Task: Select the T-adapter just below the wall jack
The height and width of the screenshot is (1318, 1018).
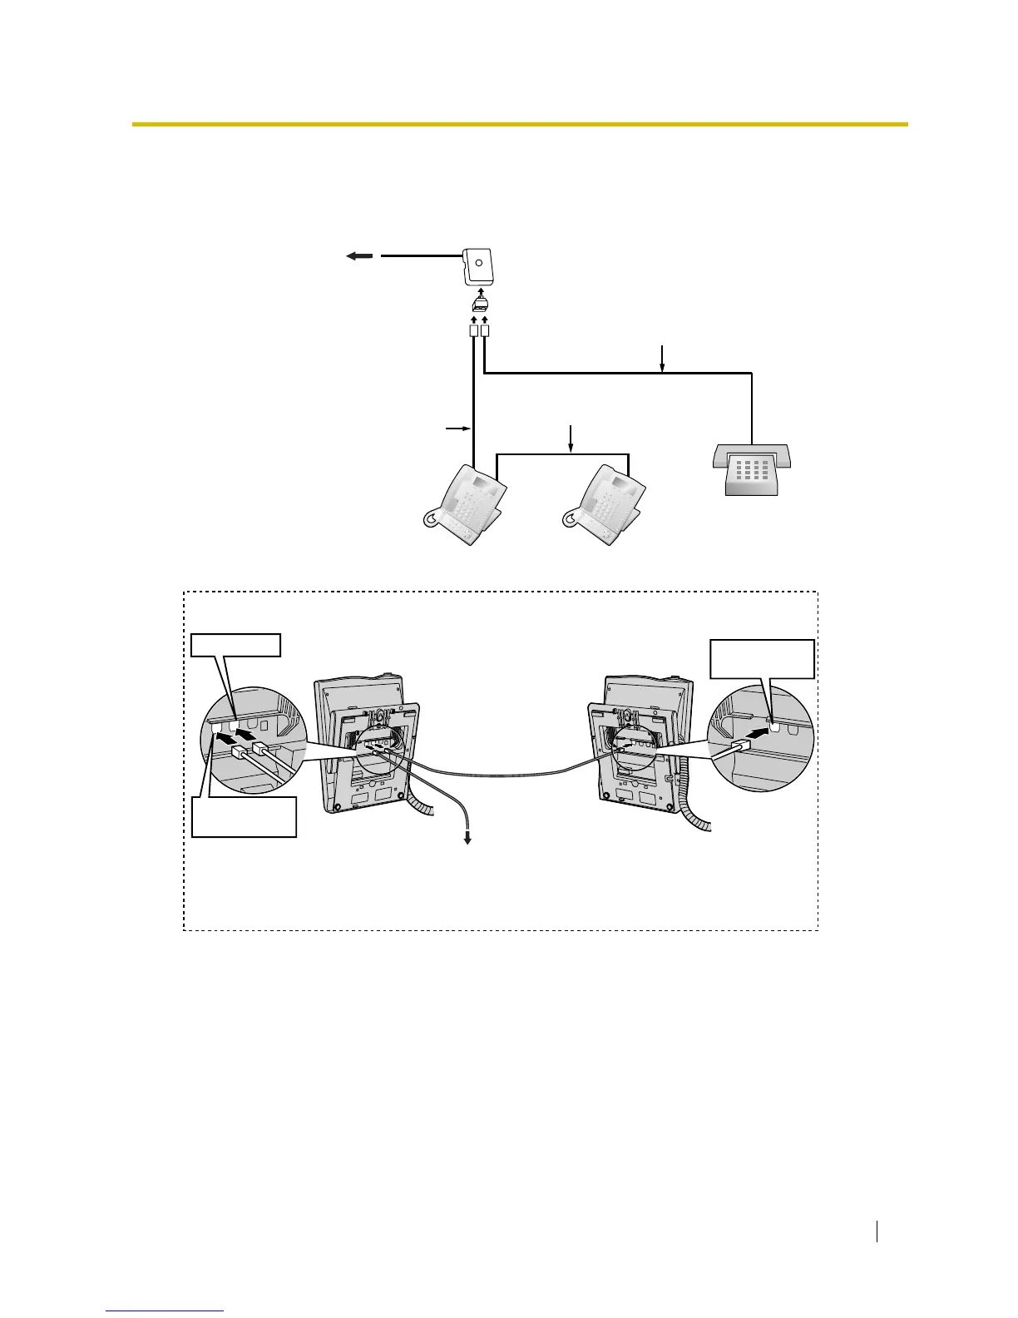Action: point(479,302)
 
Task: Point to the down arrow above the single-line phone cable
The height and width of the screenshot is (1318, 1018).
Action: point(663,358)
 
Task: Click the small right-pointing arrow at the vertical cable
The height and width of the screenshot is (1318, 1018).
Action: point(456,429)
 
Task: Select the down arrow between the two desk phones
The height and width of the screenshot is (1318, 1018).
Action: point(571,438)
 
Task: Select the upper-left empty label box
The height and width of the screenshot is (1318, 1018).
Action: point(235,645)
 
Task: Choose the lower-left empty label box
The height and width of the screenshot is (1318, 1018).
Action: point(244,816)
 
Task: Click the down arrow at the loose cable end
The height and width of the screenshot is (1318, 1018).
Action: point(467,839)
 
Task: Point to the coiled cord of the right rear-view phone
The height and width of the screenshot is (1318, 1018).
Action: point(699,811)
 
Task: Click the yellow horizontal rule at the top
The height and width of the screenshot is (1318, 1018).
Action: point(520,125)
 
